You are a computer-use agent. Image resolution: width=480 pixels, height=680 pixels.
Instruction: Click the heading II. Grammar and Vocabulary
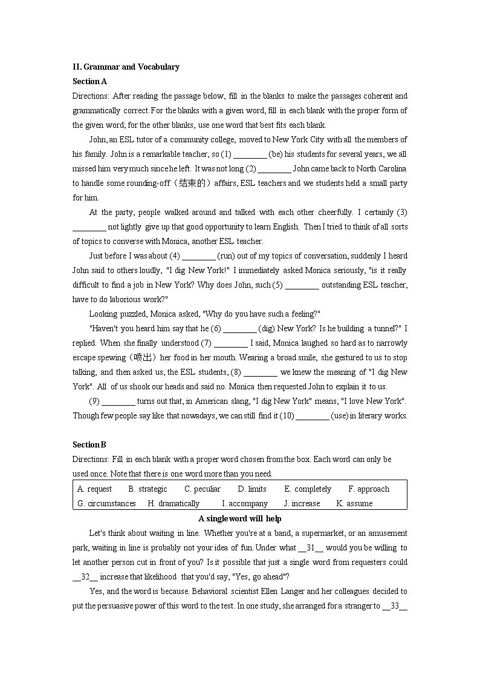pyautogui.click(x=126, y=67)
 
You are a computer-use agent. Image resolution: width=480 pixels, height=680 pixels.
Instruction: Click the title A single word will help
pyautogui.click(x=240, y=518)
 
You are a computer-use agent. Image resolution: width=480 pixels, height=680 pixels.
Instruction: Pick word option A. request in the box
pyautogui.click(x=95, y=489)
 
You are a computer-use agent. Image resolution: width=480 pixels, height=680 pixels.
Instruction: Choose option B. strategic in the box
pyautogui.click(x=148, y=489)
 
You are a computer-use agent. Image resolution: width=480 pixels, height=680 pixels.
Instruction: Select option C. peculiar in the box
pyautogui.click(x=203, y=489)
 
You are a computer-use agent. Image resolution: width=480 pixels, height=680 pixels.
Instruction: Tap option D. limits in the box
pyautogui.click(x=252, y=489)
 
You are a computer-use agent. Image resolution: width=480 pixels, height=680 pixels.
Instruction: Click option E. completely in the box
pyautogui.click(x=308, y=489)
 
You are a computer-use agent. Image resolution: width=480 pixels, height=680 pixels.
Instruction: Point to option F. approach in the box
pyautogui.click(x=369, y=489)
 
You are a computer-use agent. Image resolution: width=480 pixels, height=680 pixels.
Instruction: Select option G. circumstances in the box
pyautogui.click(x=106, y=503)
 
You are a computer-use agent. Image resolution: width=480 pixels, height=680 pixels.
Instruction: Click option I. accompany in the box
pyautogui.click(x=245, y=503)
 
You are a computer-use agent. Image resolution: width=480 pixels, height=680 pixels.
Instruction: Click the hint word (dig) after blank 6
pyautogui.click(x=267, y=328)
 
